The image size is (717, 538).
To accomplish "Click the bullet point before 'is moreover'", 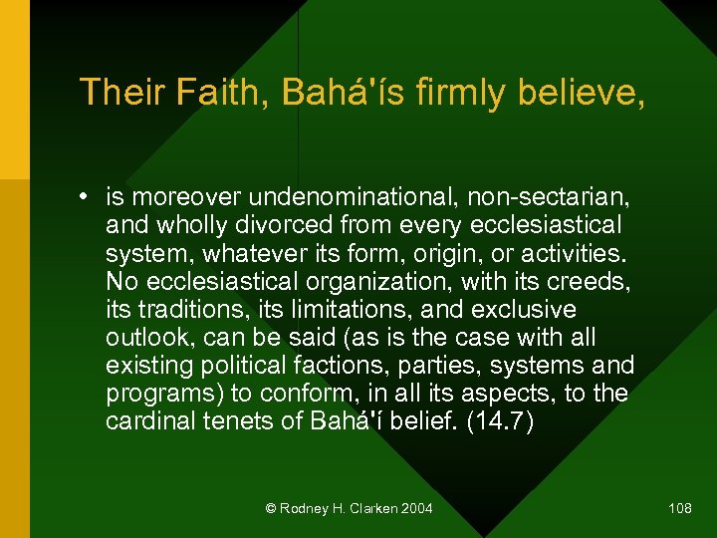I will (x=88, y=198).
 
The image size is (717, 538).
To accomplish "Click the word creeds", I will (x=589, y=282).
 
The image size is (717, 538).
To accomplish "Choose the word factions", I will (x=362, y=366).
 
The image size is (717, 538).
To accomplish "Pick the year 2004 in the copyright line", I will (x=417, y=509).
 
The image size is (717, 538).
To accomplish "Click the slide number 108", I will (x=680, y=509).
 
